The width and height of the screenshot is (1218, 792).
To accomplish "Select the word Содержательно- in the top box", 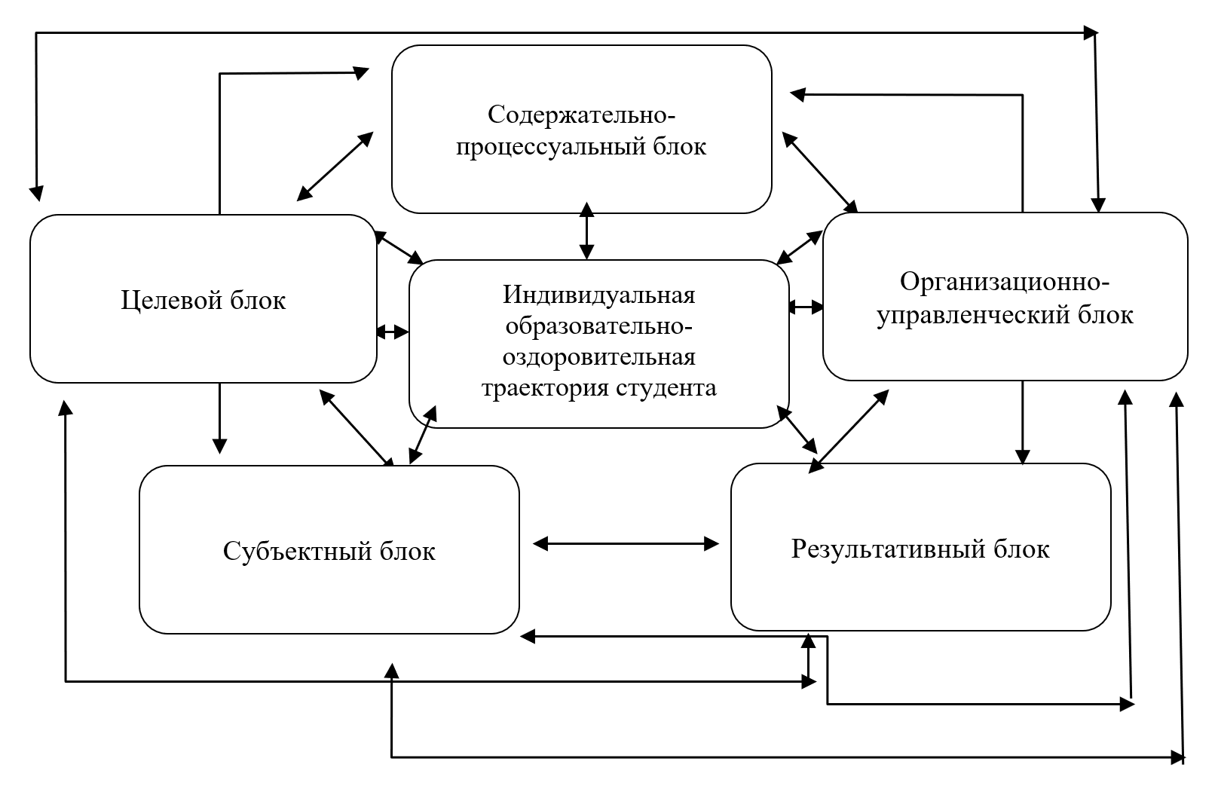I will click(582, 115).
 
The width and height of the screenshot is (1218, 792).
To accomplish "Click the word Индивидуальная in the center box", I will click(598, 294).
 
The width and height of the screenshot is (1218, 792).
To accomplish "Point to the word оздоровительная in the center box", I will click(598, 356).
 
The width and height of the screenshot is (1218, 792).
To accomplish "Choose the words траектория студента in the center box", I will click(598, 388).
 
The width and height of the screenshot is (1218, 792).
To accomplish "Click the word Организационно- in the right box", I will click(1005, 283).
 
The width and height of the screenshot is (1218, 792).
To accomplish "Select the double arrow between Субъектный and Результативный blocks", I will click(626, 543).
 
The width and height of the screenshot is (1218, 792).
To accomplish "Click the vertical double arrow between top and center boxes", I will click(586, 231).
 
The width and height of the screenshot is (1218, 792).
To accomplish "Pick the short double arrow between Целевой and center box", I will click(392, 332).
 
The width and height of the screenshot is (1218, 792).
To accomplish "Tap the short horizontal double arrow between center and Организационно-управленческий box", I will click(806, 307).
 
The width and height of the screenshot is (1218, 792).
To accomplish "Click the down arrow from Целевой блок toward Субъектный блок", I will click(219, 418).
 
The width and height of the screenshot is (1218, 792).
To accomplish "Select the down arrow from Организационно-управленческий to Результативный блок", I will click(1023, 422).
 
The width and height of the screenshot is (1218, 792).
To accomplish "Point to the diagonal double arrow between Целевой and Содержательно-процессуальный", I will click(335, 166).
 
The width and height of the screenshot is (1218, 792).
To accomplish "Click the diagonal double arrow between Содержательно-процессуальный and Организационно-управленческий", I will click(820, 172).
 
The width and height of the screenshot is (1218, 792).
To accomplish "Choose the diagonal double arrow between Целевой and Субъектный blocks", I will click(357, 427).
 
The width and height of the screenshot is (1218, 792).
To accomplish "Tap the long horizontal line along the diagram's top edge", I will click(565, 32).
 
